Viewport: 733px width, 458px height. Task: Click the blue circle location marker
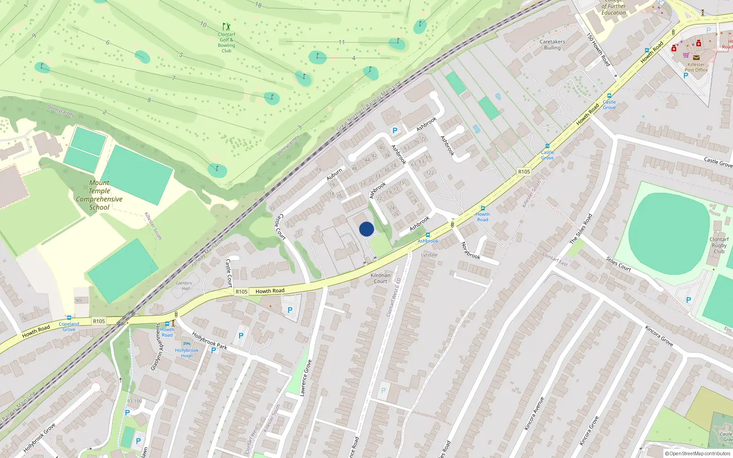[366, 229]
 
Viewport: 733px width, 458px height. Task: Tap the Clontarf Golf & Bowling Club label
[226, 42]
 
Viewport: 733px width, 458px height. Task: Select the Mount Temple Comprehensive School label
[99, 195]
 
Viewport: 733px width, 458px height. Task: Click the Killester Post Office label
[696, 67]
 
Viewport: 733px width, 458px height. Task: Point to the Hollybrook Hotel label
[186, 353]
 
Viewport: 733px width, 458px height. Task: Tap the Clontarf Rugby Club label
[719, 245]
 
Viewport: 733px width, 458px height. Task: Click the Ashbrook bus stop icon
[428, 235]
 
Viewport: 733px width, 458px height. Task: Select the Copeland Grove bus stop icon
[69, 318]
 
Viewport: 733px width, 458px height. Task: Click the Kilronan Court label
[380, 278]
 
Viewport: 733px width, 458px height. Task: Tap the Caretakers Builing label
[552, 44]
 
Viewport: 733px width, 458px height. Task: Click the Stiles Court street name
[618, 264]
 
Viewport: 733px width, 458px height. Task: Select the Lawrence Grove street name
[306, 378]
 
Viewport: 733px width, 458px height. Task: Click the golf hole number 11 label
[341, 42]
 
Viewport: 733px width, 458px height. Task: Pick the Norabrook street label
[470, 250]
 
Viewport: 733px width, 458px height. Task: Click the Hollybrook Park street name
[209, 340]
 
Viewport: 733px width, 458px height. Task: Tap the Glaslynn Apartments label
[157, 347]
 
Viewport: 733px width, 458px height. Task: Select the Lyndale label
[429, 255]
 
